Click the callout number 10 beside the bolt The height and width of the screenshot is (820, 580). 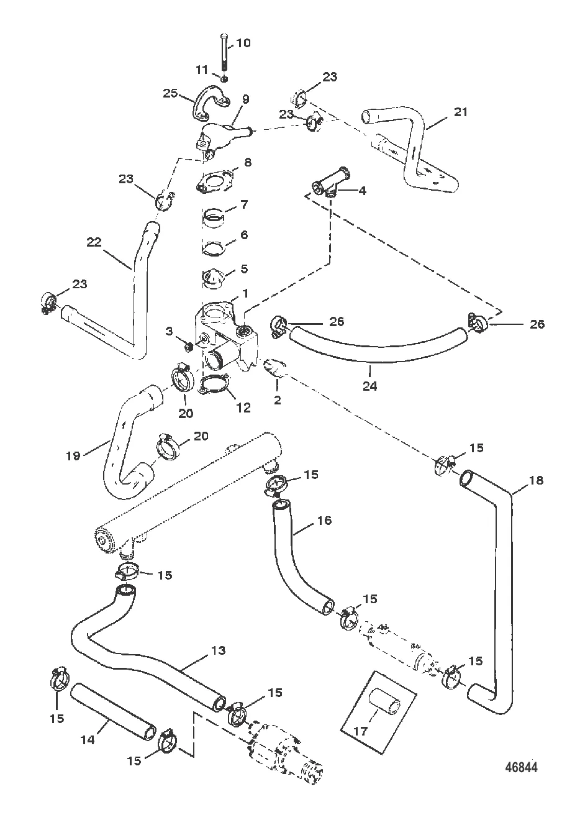click(243, 43)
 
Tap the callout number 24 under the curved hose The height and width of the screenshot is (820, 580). click(370, 386)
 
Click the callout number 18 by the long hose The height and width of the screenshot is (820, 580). click(536, 480)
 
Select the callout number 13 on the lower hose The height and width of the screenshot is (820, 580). click(218, 651)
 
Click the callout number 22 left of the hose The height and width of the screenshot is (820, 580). click(94, 243)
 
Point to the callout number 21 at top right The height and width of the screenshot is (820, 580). click(460, 112)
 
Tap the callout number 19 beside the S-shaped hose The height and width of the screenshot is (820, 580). click(73, 455)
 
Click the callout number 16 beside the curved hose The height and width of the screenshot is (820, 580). click(324, 521)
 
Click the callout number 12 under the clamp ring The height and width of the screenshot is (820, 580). click(243, 408)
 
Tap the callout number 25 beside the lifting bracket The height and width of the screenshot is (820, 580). click(170, 93)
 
